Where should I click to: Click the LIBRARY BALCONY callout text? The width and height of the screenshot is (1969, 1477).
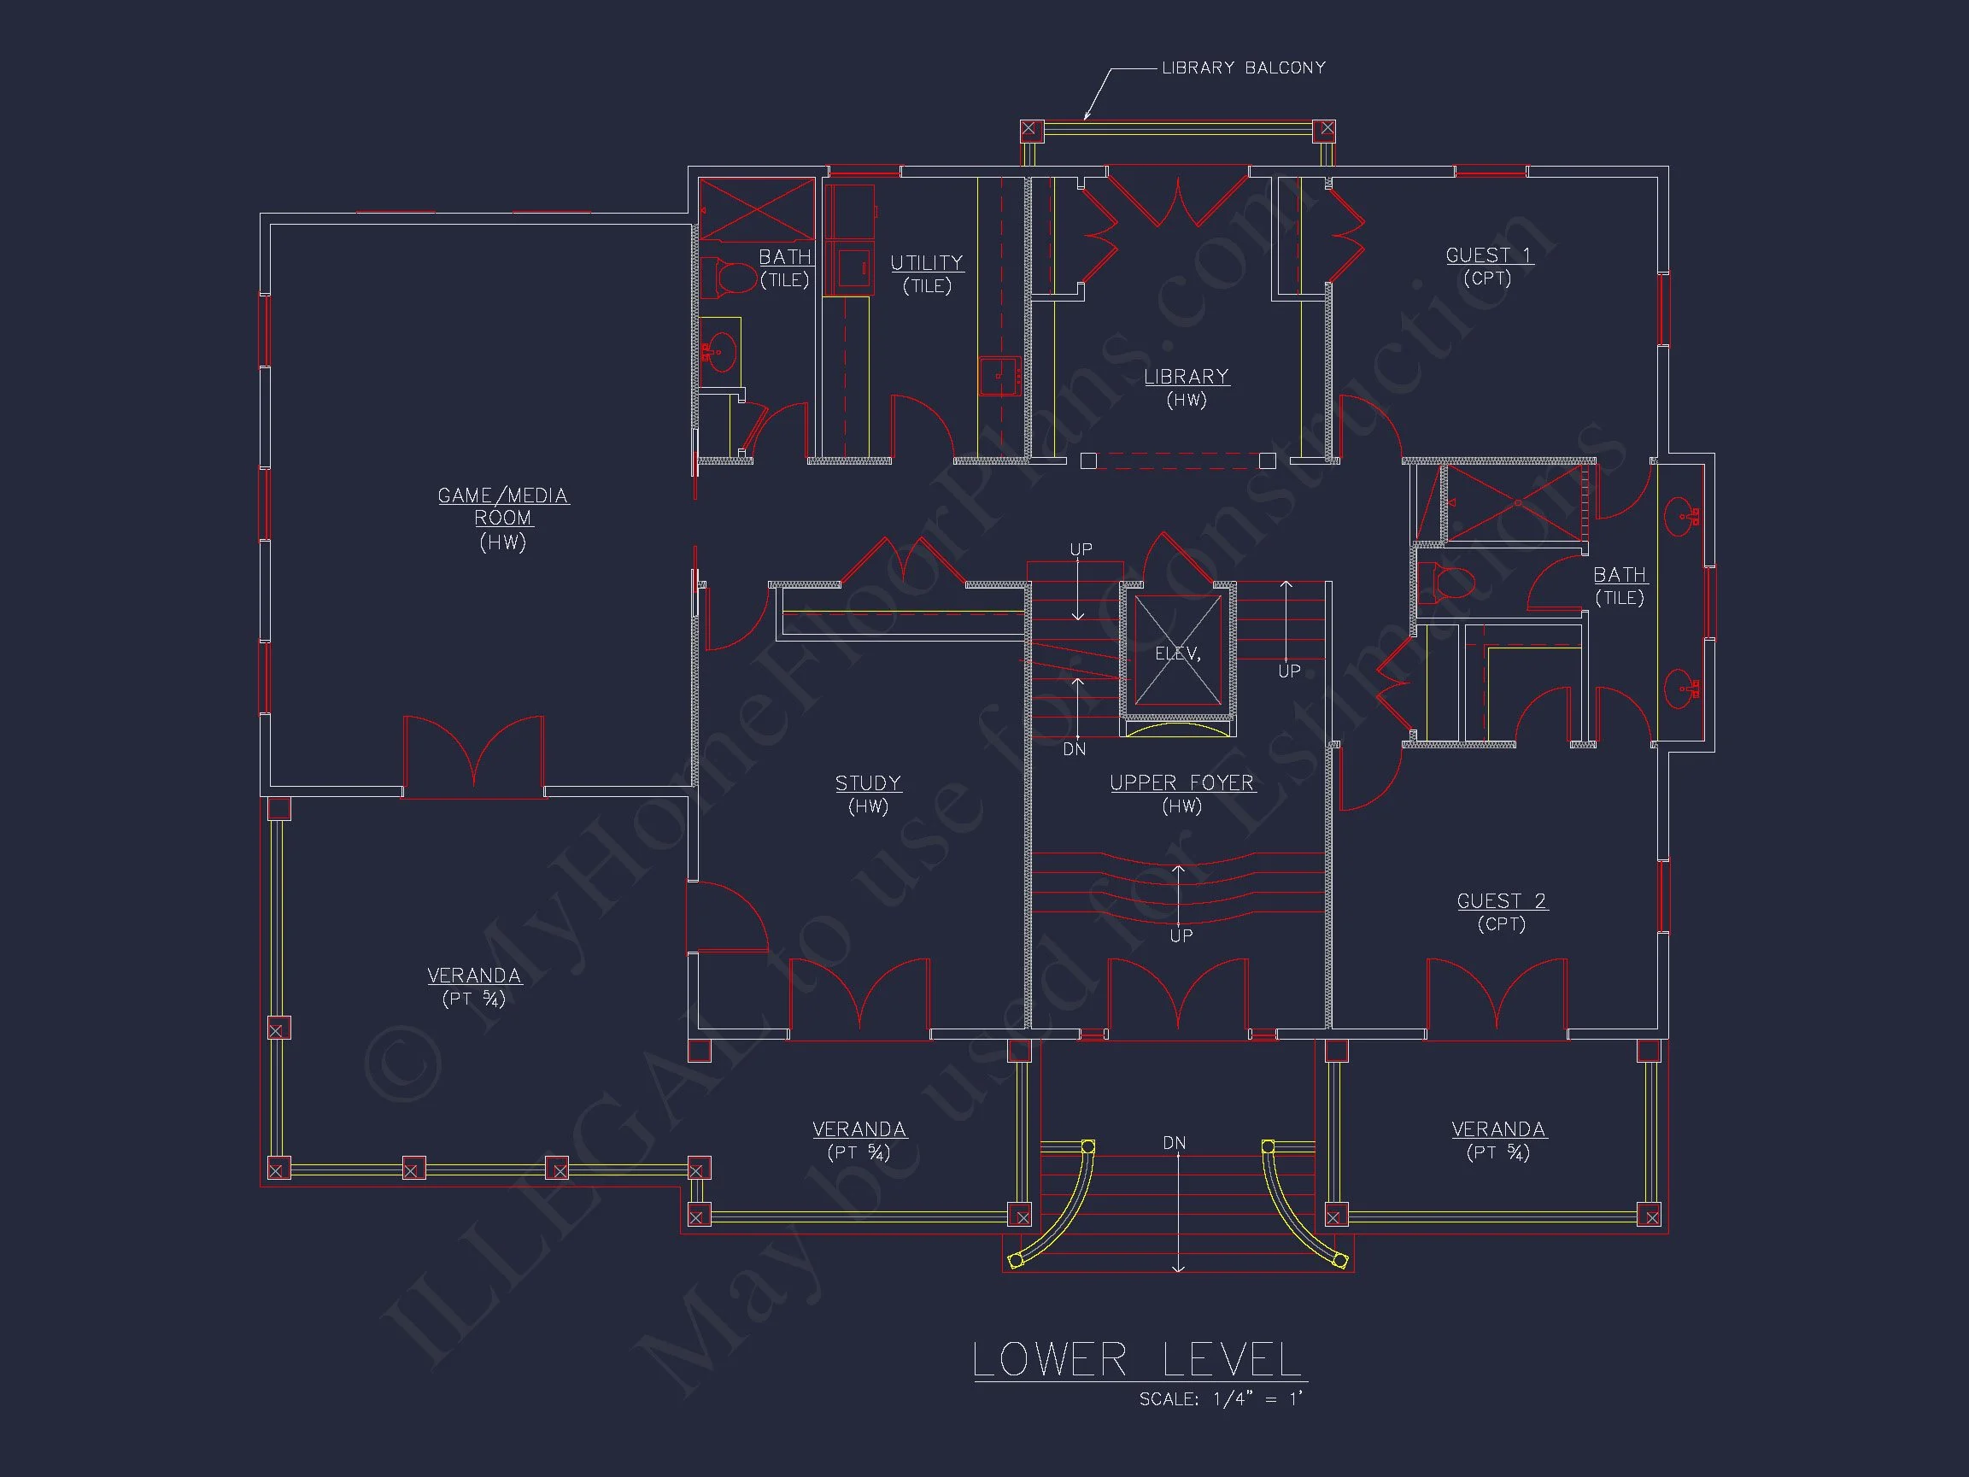click(x=1244, y=67)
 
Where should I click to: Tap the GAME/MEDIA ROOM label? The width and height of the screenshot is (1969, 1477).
click(x=503, y=507)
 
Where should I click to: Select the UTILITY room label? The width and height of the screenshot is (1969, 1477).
click(x=927, y=262)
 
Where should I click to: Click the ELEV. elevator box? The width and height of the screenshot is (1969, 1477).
click(x=1178, y=653)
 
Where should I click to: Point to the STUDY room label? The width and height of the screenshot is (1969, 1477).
click(x=868, y=782)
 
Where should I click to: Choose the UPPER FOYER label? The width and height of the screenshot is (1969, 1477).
click(x=1182, y=782)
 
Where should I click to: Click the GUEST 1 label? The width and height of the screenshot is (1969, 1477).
click(x=1488, y=255)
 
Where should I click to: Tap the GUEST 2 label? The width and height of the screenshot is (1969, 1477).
click(x=1502, y=901)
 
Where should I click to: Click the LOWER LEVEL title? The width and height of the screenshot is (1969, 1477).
click(x=1139, y=1359)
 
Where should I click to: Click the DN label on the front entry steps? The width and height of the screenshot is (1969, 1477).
click(x=1174, y=1142)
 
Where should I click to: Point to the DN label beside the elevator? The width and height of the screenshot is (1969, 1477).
click(x=1075, y=750)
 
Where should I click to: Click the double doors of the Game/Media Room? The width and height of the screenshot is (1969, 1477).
click(x=473, y=756)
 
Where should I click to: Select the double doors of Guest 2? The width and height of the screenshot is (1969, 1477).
click(x=1497, y=998)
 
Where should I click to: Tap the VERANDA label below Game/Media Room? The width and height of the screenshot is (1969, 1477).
click(x=473, y=976)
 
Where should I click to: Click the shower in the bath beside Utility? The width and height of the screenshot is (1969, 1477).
click(x=757, y=209)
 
